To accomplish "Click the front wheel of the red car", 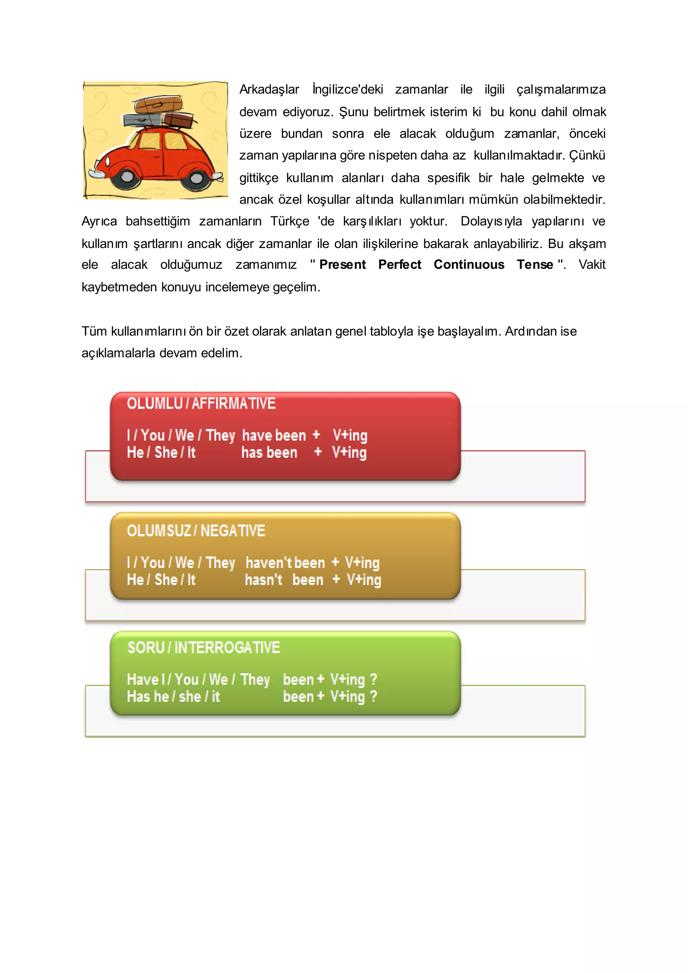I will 127,177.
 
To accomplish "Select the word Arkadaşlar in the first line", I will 269,89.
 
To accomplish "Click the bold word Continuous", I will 469,264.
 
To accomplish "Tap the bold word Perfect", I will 399,264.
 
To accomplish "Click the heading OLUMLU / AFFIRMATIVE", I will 201,404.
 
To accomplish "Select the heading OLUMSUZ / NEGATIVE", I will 196,531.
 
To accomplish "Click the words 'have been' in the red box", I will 274,436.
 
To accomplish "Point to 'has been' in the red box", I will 269,453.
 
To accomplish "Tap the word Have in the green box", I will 143,680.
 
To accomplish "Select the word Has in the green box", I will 138,697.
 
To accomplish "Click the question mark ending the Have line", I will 373,679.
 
